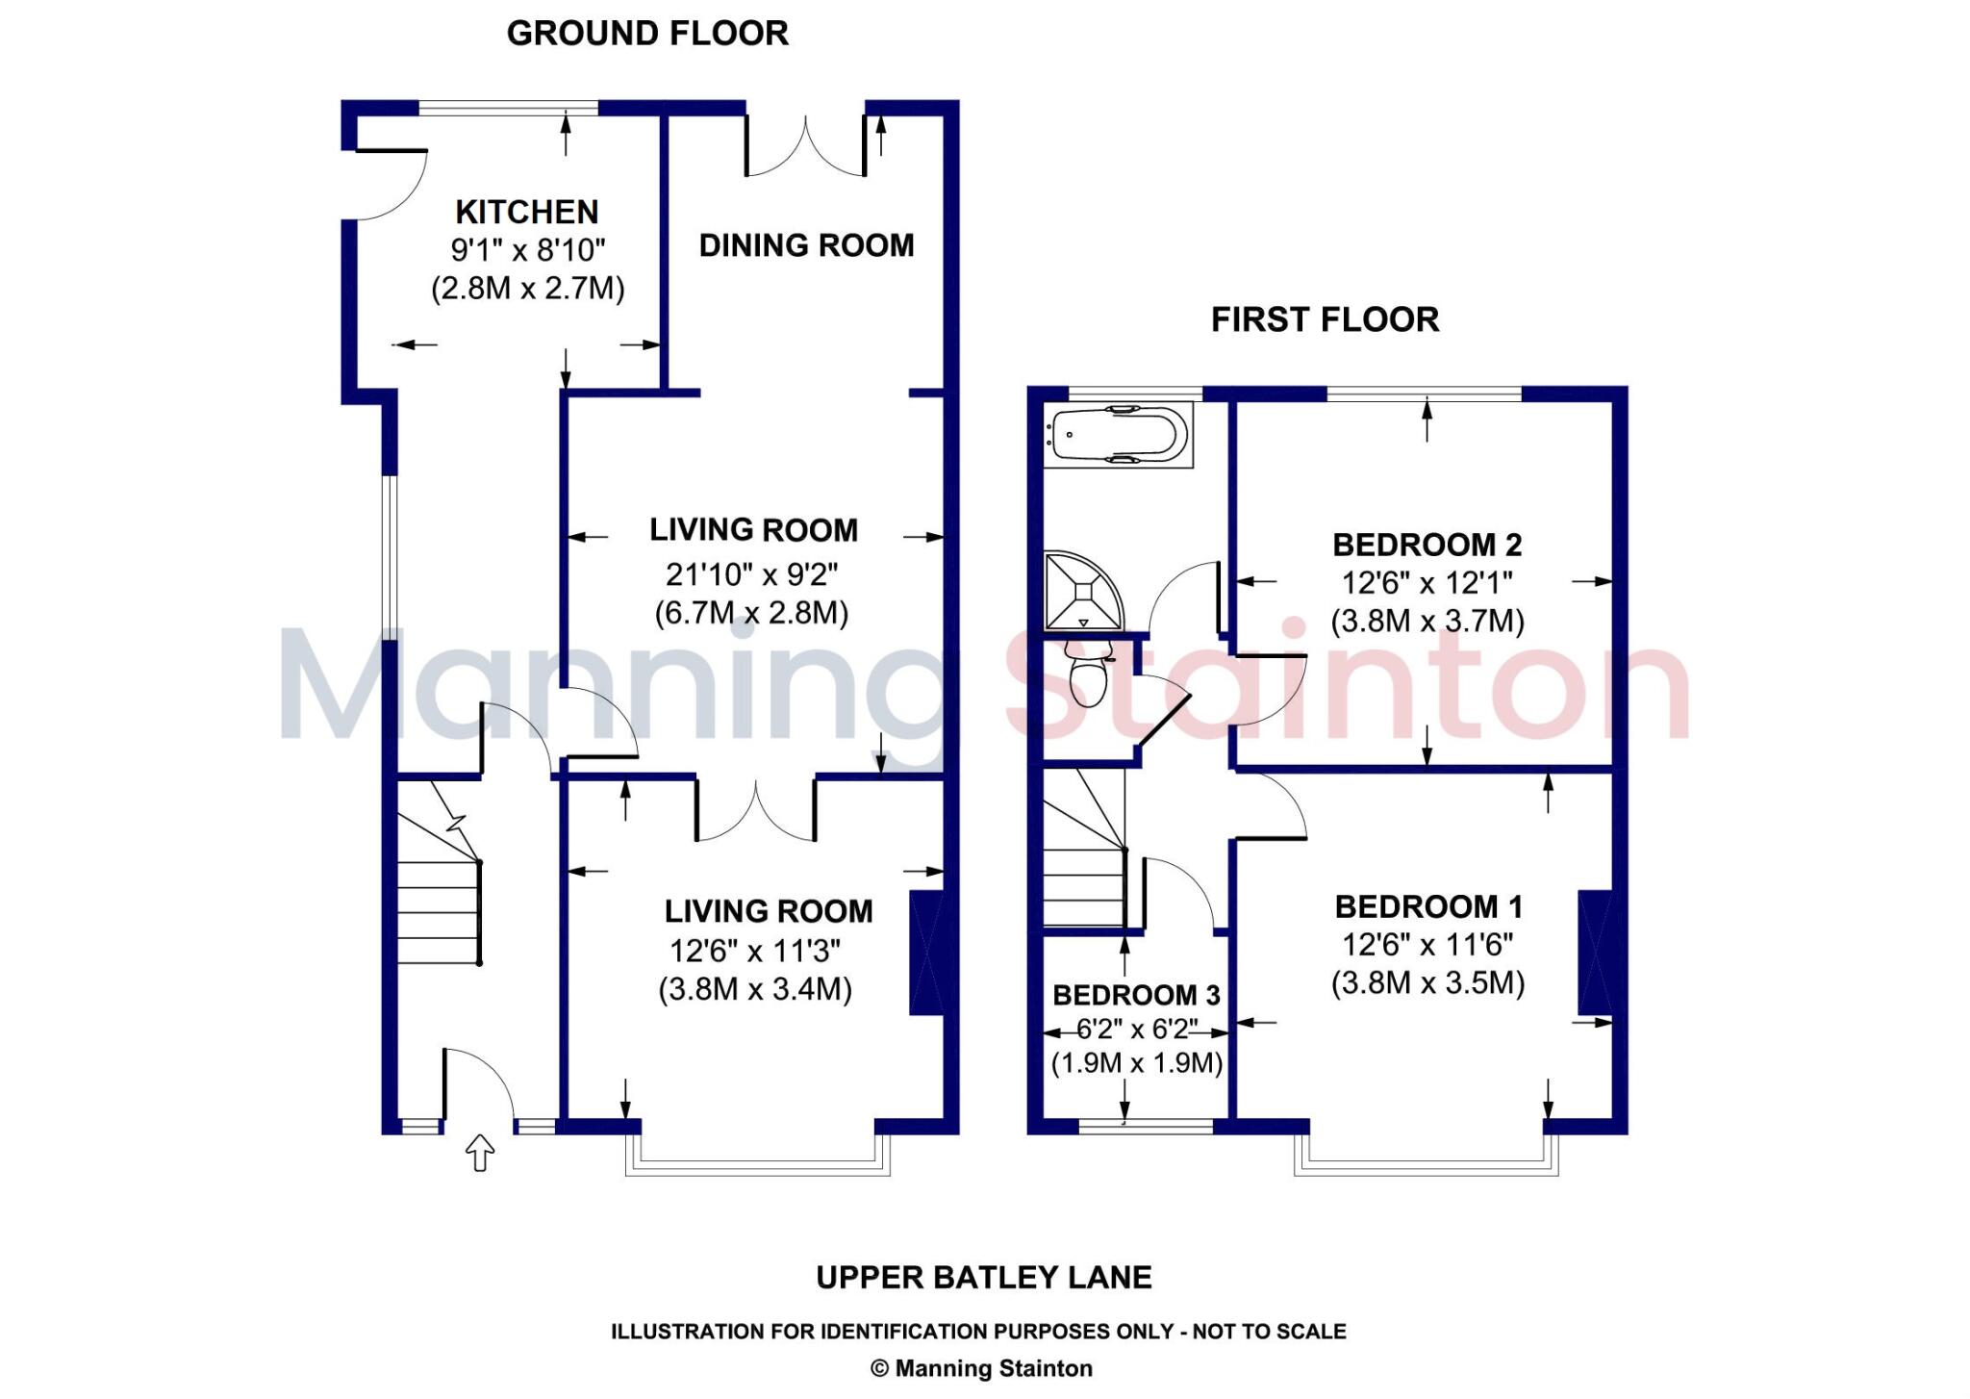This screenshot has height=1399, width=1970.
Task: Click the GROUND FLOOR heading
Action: point(647,34)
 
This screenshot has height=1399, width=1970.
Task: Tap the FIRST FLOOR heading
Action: point(1325,319)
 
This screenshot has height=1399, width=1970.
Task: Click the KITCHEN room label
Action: point(526,212)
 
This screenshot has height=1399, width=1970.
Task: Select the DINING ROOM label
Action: point(806,245)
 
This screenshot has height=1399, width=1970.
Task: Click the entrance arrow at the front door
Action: point(480,1153)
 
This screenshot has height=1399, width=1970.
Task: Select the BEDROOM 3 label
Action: point(1136,995)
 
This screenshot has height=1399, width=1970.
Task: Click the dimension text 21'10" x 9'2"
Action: point(752,575)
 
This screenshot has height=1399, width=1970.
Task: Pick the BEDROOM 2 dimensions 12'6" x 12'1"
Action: point(1427,583)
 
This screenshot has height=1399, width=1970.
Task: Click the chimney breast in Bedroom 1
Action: point(1595,953)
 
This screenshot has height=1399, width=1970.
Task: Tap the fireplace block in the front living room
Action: point(926,954)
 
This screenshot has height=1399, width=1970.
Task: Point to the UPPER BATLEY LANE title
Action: point(983,1278)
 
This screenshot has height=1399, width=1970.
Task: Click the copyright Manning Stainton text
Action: point(981,1368)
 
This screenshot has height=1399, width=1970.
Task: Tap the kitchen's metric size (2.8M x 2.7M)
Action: point(527,289)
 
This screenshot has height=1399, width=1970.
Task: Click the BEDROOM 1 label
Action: point(1428,906)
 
